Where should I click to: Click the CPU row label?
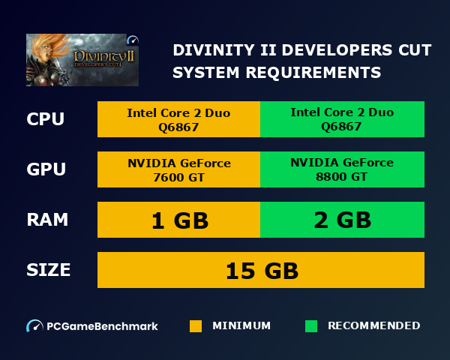pyautogui.click(x=45, y=119)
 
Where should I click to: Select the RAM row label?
pyautogui.click(x=47, y=220)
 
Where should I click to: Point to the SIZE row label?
pyautogui.click(x=49, y=270)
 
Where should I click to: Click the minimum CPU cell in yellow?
pyautogui.click(x=178, y=119)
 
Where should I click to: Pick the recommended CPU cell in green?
pyautogui.click(x=342, y=119)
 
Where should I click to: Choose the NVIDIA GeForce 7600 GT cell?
pyautogui.click(x=178, y=169)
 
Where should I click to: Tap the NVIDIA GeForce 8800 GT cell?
pyautogui.click(x=342, y=169)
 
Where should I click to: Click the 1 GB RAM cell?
pyautogui.click(x=178, y=220)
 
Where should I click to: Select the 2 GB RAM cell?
pyautogui.click(x=342, y=220)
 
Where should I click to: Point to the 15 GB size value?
pyautogui.click(x=261, y=270)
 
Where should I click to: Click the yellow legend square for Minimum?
pyautogui.click(x=196, y=326)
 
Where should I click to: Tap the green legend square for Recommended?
pyautogui.click(x=311, y=326)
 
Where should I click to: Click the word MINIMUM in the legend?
pyautogui.click(x=241, y=326)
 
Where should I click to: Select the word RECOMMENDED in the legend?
pyautogui.click(x=373, y=326)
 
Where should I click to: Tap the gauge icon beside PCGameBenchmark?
pyautogui.click(x=34, y=326)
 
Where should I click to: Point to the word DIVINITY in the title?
pyautogui.click(x=209, y=50)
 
